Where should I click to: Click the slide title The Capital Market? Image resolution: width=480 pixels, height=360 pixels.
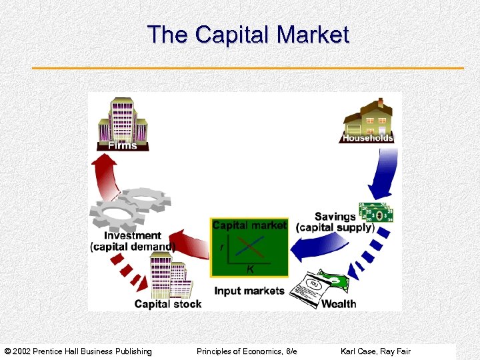click(x=248, y=34)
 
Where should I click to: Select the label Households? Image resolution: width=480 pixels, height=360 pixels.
click(x=368, y=138)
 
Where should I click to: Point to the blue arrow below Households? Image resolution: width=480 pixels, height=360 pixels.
click(x=383, y=173)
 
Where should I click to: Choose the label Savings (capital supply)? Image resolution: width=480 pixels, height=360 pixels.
click(x=335, y=222)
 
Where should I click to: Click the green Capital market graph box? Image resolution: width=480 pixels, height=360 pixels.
click(x=249, y=247)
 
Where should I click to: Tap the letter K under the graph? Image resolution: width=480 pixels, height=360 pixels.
click(x=250, y=269)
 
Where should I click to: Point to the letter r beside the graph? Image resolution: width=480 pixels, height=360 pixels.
click(x=221, y=247)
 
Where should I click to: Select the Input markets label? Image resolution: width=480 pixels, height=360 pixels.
click(x=249, y=291)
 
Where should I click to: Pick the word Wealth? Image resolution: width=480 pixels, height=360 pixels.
click(x=339, y=304)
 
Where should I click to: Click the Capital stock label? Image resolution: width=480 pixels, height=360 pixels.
click(x=167, y=304)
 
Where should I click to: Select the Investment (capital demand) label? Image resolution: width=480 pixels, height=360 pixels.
click(x=132, y=241)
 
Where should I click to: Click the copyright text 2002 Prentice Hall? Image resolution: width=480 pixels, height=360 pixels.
click(x=78, y=351)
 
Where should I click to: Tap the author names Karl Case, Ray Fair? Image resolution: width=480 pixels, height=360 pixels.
click(x=375, y=351)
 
